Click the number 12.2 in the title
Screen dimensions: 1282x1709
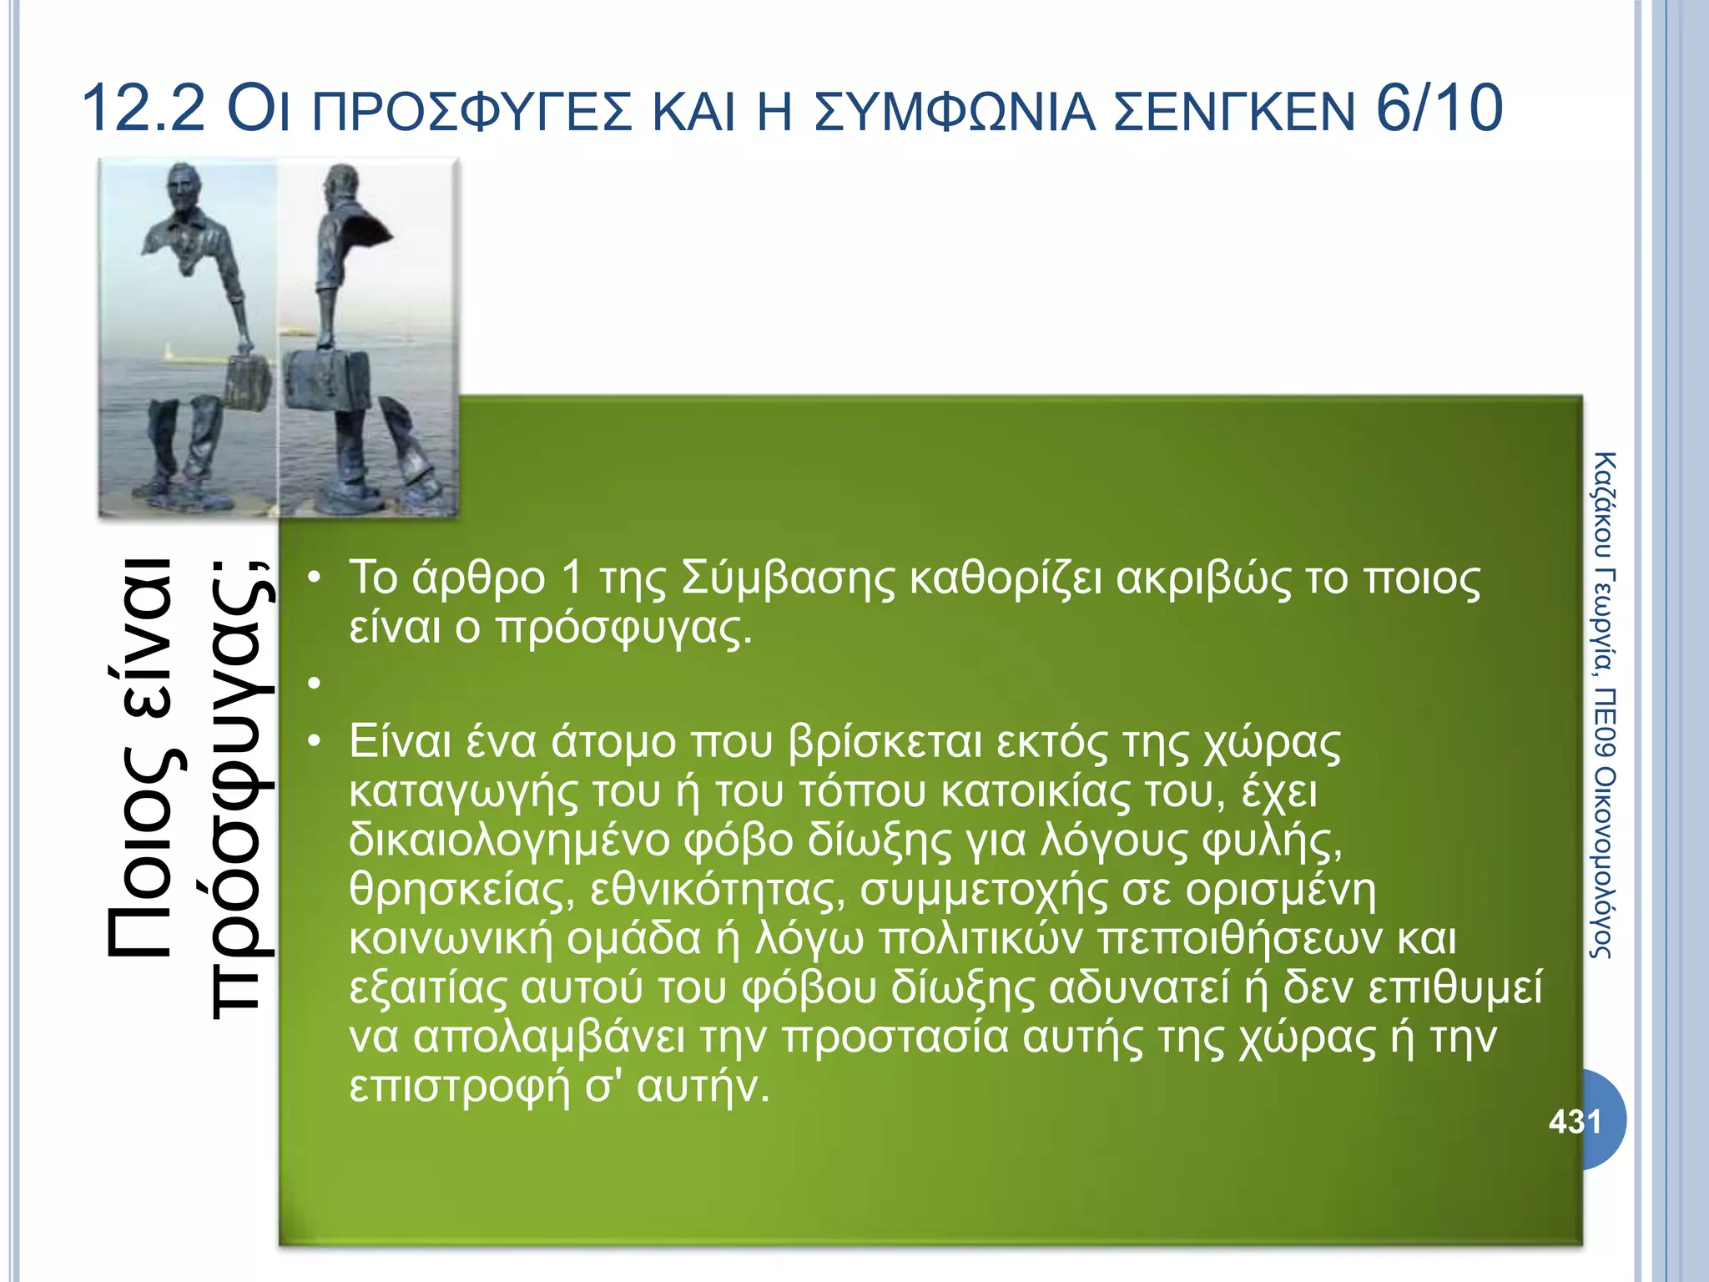(143, 109)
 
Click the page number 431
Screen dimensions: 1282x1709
(1575, 1121)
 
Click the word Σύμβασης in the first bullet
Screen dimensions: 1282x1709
(788, 578)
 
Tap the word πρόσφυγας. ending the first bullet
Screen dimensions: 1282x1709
(624, 628)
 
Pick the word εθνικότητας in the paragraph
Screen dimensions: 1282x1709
(718, 890)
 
